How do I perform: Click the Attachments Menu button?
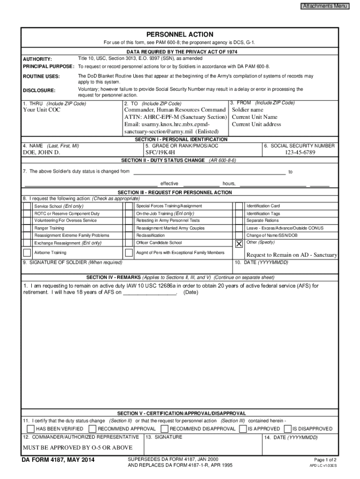click(325, 6)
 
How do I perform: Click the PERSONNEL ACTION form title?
click(180, 35)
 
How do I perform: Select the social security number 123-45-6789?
click(300, 152)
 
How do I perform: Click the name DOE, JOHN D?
click(42, 152)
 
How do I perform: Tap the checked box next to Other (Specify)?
click(239, 244)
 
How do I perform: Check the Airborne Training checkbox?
click(28, 253)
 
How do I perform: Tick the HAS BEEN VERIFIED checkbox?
click(30, 429)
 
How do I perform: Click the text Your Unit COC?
click(42, 110)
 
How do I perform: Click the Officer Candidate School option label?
click(159, 243)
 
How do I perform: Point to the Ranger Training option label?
click(50, 228)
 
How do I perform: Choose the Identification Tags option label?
click(263, 214)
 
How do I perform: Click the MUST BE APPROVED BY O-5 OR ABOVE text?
click(78, 448)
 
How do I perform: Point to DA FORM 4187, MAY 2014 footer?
click(58, 461)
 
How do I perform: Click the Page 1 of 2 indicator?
click(325, 460)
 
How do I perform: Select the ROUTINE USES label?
click(42, 76)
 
